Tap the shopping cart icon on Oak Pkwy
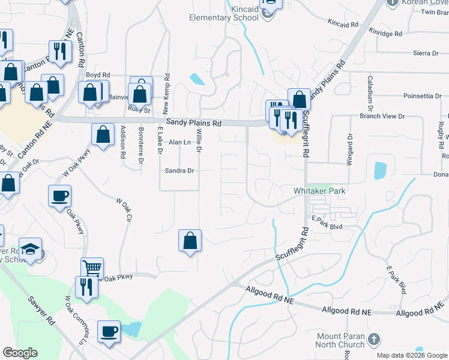92,268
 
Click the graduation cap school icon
29,248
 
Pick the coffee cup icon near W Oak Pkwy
59,196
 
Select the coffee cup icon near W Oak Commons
109,331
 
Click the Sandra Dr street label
179,170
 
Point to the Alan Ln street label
179,142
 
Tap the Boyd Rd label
97,75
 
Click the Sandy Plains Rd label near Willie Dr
194,122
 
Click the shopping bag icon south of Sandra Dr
190,241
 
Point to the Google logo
20,353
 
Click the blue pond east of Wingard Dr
380,171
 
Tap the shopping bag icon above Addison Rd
103,134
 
